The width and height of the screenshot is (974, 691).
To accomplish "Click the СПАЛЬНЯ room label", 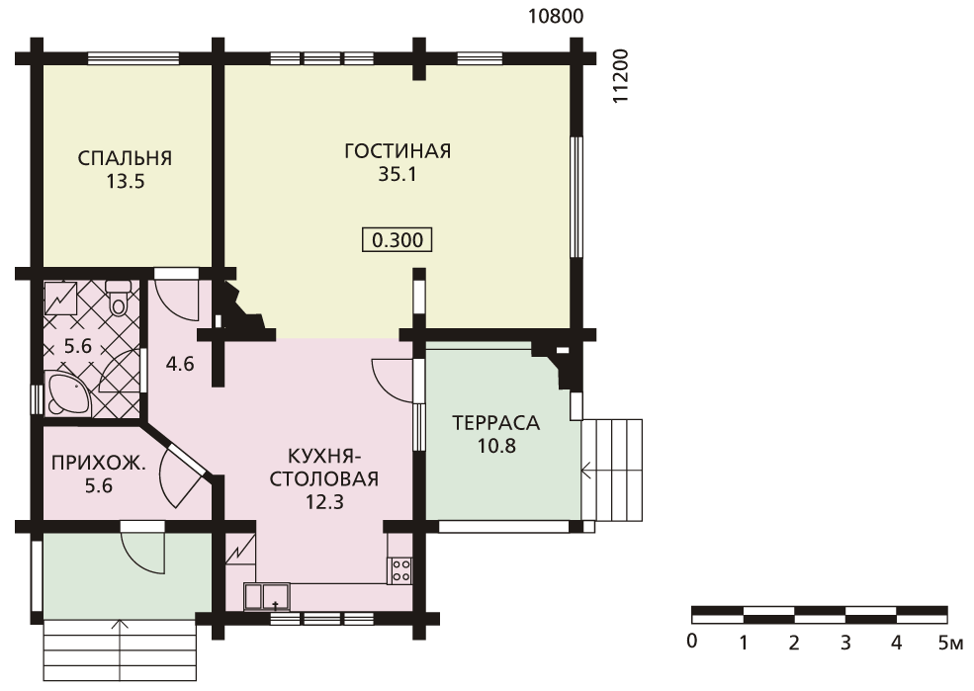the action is [x=125, y=158].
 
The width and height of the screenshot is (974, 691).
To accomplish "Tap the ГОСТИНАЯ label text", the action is [x=398, y=151].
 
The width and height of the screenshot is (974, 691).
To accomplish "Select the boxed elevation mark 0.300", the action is [x=398, y=239].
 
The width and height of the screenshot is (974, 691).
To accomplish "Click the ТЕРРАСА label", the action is [x=496, y=423].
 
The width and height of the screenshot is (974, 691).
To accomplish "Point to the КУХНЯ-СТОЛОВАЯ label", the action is [x=324, y=468].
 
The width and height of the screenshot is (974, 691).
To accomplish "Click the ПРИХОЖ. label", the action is [x=100, y=464].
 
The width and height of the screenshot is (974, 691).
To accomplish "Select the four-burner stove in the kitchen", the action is [x=400, y=571].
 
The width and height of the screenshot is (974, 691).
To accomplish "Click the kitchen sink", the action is [x=267, y=597].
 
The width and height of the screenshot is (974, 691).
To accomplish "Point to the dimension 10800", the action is [x=556, y=16].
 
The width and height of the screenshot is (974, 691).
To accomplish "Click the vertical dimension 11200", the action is [x=621, y=76].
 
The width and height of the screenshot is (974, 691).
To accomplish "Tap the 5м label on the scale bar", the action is [x=951, y=643].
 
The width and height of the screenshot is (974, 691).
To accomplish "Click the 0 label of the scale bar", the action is [x=692, y=641].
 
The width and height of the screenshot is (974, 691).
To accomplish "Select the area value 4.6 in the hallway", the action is [x=180, y=364].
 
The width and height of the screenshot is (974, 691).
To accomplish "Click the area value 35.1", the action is [x=398, y=175].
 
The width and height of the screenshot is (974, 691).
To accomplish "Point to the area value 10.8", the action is [x=497, y=446].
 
